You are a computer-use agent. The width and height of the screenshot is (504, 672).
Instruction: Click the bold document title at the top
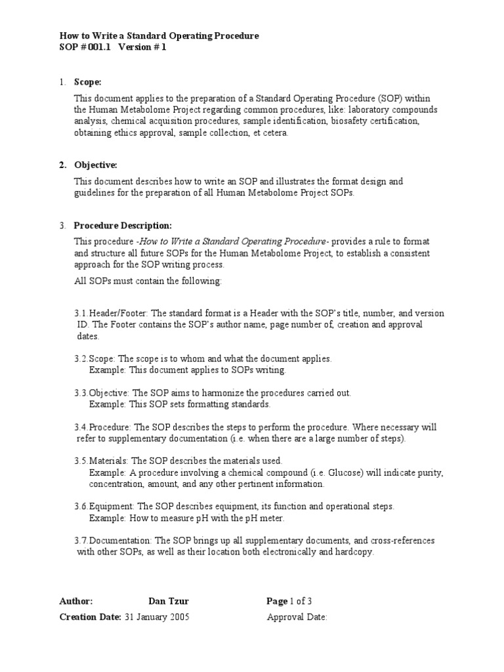click(159, 35)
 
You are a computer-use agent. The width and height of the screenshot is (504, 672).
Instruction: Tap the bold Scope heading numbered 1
click(87, 82)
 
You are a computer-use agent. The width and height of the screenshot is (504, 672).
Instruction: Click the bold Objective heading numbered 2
click(95, 165)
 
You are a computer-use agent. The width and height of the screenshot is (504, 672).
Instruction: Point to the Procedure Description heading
click(123, 226)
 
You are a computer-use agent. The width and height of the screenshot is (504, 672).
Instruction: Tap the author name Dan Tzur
click(169, 601)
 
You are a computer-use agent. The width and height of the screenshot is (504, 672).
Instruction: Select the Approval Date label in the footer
click(297, 617)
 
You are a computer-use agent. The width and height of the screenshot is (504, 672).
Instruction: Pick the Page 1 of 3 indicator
click(289, 601)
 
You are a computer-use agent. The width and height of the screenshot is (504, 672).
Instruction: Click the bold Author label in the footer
click(76, 601)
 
